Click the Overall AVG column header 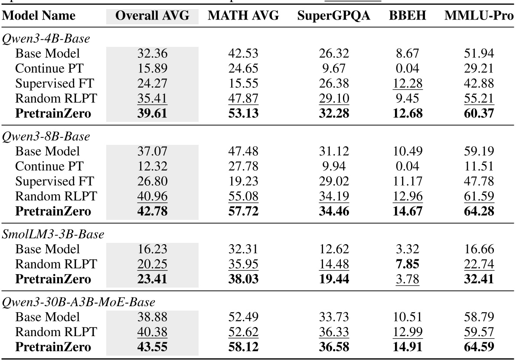coord(152,16)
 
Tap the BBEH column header coord(407,16)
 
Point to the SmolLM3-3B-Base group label coord(53,234)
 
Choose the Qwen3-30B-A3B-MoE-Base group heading coord(78,302)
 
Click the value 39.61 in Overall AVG coord(152,114)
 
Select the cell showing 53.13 coord(243,114)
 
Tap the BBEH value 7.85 coord(407,264)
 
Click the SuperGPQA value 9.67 coord(334,69)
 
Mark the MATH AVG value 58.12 coord(243,347)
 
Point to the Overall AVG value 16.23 coord(152,249)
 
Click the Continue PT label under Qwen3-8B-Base coord(49,166)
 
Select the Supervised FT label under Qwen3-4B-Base coord(54,84)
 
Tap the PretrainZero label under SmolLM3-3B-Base coord(53,279)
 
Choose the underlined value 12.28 coord(407,84)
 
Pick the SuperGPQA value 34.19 coord(334,196)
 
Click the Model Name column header coord(39,16)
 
